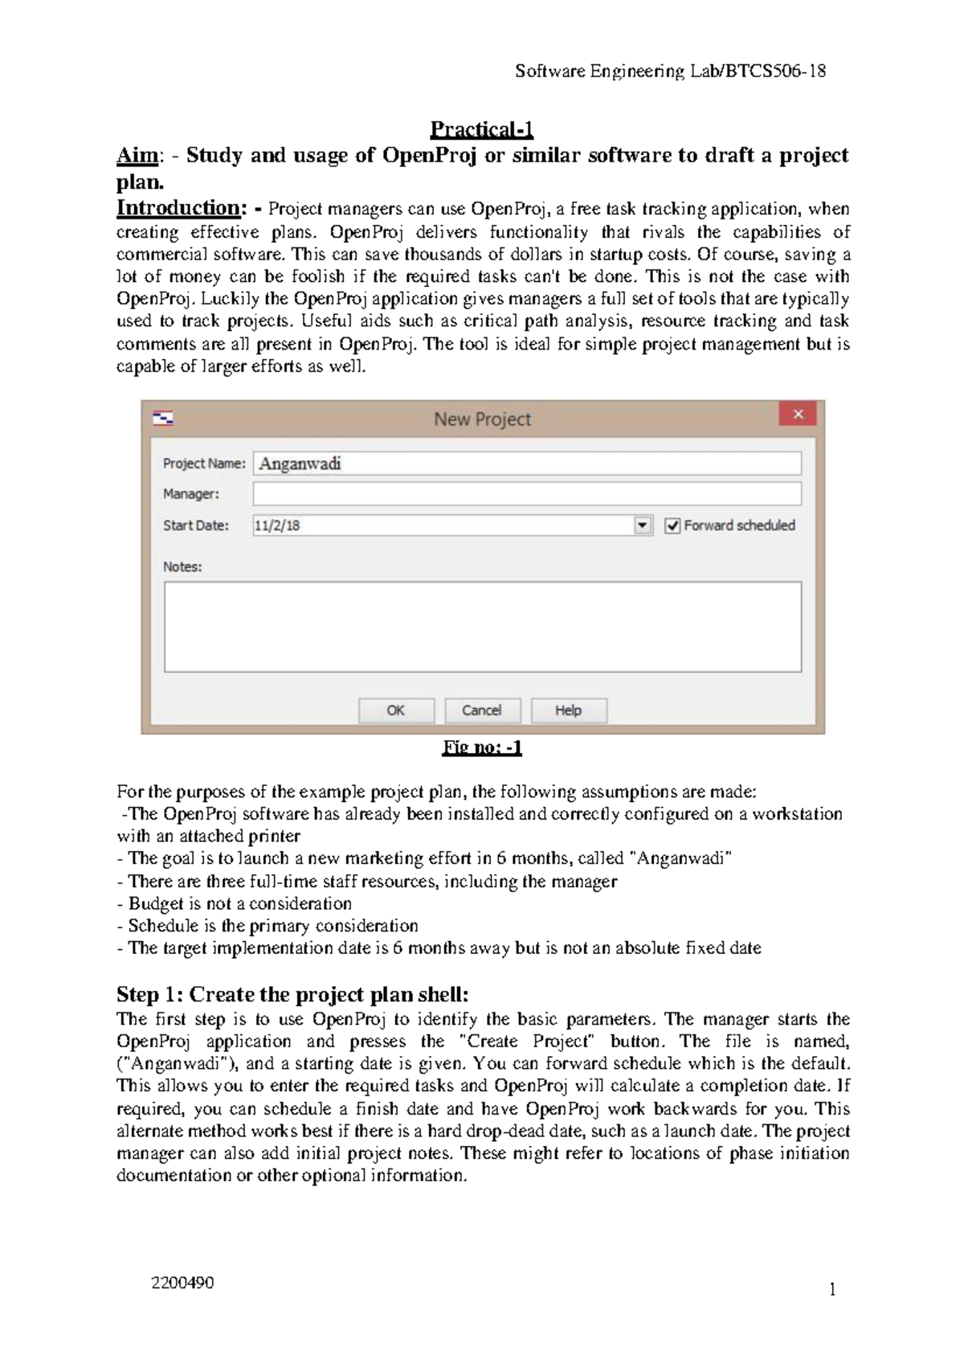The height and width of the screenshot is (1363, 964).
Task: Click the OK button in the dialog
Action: (x=396, y=710)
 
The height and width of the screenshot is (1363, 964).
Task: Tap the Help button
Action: (x=568, y=710)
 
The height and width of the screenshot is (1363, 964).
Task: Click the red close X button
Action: (x=798, y=415)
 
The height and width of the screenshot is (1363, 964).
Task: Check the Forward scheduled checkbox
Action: (x=672, y=526)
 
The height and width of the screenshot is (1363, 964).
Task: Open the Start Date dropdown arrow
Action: (x=643, y=526)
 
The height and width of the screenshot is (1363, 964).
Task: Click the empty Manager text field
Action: (x=527, y=493)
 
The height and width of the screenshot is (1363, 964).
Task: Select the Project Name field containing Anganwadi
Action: (x=527, y=464)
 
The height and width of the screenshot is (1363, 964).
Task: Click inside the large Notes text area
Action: (x=482, y=627)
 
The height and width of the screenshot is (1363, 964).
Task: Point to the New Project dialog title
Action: (x=482, y=419)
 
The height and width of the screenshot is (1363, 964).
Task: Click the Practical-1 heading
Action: (x=482, y=129)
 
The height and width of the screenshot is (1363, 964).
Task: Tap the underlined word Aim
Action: (x=137, y=155)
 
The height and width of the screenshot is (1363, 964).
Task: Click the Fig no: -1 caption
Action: (x=482, y=748)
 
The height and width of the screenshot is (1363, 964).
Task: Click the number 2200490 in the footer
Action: (x=183, y=1283)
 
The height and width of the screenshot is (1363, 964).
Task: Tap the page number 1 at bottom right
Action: (x=832, y=1291)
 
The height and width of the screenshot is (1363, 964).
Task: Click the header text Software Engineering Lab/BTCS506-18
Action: (x=670, y=72)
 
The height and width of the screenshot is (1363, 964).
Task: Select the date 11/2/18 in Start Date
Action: (x=277, y=526)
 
